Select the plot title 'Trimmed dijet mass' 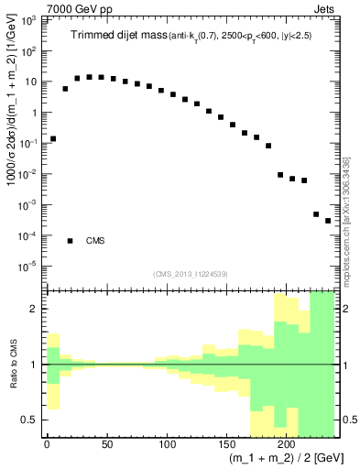pos(116,36)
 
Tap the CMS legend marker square pos(70,241)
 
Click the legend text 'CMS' pos(95,242)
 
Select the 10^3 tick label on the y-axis pos(30,20)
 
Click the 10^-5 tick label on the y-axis pos(30,267)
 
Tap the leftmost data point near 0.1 pos(53,138)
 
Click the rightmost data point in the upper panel pos(328,221)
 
